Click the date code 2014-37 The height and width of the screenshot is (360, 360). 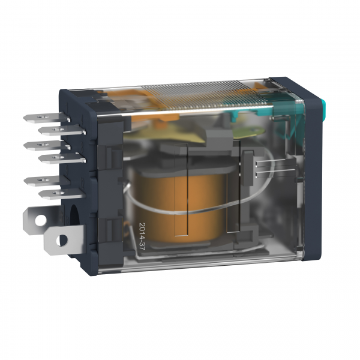pyautogui.click(x=143, y=236)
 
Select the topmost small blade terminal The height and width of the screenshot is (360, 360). pyautogui.click(x=46, y=118)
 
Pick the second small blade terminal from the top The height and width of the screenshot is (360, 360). pyautogui.click(x=62, y=130)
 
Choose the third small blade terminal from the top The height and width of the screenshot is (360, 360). pyautogui.click(x=47, y=145)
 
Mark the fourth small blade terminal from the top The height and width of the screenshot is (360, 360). pyautogui.click(x=62, y=158)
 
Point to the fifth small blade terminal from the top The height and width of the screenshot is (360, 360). pyautogui.click(x=46, y=181)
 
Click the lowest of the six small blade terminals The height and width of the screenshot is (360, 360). pyautogui.click(x=62, y=194)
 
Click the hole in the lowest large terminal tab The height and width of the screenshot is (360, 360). pyautogui.click(x=62, y=240)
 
